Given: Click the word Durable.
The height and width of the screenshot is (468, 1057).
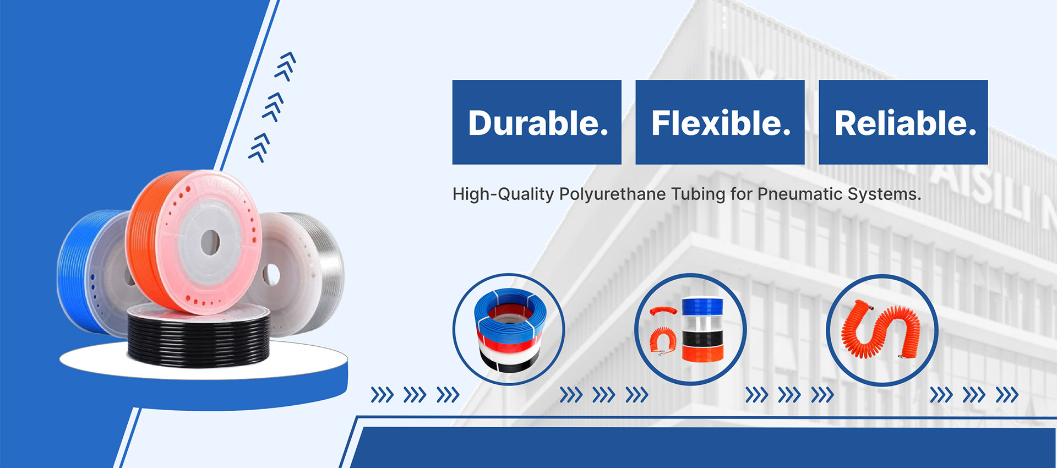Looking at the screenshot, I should click(x=538, y=123).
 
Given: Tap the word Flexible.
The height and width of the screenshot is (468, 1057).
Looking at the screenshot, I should click(x=721, y=123).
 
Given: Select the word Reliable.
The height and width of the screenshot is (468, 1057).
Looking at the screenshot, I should click(x=905, y=123).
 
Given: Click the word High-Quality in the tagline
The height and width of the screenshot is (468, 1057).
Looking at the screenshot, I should click(x=503, y=194).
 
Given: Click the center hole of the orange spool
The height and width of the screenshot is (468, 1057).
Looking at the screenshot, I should click(x=210, y=242).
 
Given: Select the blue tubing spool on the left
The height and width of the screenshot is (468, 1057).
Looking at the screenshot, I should click(x=83, y=270).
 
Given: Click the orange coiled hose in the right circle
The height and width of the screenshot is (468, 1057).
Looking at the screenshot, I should click(x=881, y=330).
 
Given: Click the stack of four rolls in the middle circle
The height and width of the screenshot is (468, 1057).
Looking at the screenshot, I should click(x=702, y=330).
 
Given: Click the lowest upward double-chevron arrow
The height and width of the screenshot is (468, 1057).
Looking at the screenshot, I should click(x=259, y=148).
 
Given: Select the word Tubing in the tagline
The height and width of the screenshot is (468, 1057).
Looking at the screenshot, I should click(x=698, y=194).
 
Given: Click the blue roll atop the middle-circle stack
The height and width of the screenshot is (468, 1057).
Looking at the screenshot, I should click(x=702, y=306).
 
